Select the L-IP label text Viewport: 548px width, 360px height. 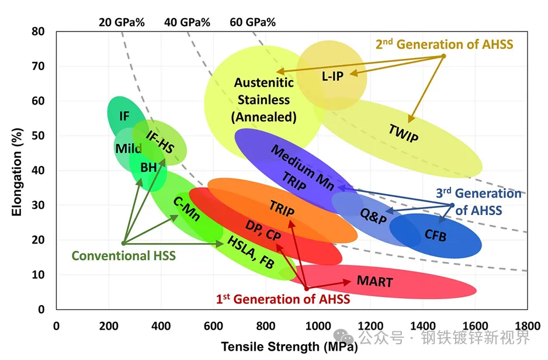332,76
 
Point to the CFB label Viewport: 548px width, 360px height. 435,236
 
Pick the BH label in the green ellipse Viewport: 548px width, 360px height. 148,168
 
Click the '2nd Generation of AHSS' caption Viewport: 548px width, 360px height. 444,44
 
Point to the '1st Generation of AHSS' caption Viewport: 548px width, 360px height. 283,299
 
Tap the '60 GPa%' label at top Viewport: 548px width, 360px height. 252,23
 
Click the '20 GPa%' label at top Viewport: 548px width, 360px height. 121,23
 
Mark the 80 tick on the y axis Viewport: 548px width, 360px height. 39,32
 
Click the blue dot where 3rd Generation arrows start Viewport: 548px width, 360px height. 452,205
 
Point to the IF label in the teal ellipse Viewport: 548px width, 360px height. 124,116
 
